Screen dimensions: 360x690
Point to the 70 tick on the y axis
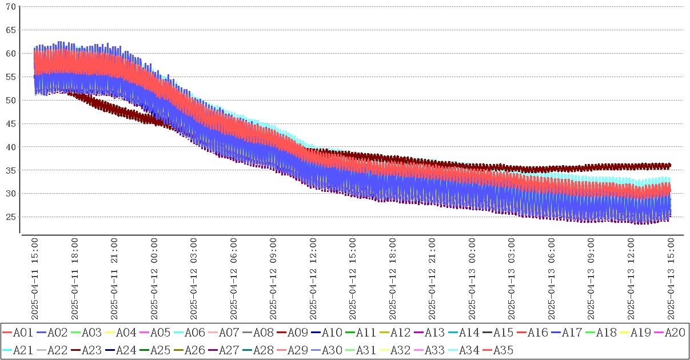[x=10, y=6]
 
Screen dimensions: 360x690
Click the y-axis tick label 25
[x=10, y=217]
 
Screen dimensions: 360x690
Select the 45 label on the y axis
[x=10, y=123]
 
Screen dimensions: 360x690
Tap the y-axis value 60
[x=10, y=53]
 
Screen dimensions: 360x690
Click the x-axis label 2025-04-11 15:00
[x=35, y=279]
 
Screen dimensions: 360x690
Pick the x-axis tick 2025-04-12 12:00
[x=313, y=279]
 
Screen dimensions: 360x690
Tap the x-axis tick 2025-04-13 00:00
[x=472, y=279]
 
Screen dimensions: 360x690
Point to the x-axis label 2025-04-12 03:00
[x=194, y=279]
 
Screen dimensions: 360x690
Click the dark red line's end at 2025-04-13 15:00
[x=670, y=165]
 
